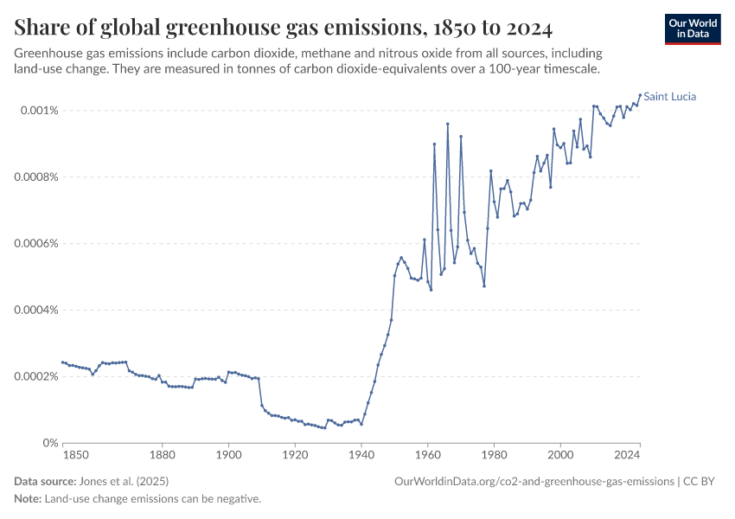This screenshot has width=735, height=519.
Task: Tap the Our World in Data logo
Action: tap(692, 29)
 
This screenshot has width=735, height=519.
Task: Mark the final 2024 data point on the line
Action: tap(640, 95)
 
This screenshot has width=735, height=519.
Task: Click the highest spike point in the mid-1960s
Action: tap(448, 124)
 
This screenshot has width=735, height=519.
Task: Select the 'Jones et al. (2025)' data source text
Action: tap(125, 481)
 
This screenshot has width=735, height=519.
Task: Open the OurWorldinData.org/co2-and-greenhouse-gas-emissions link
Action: tap(534, 481)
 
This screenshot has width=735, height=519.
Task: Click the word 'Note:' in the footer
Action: tap(28, 499)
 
